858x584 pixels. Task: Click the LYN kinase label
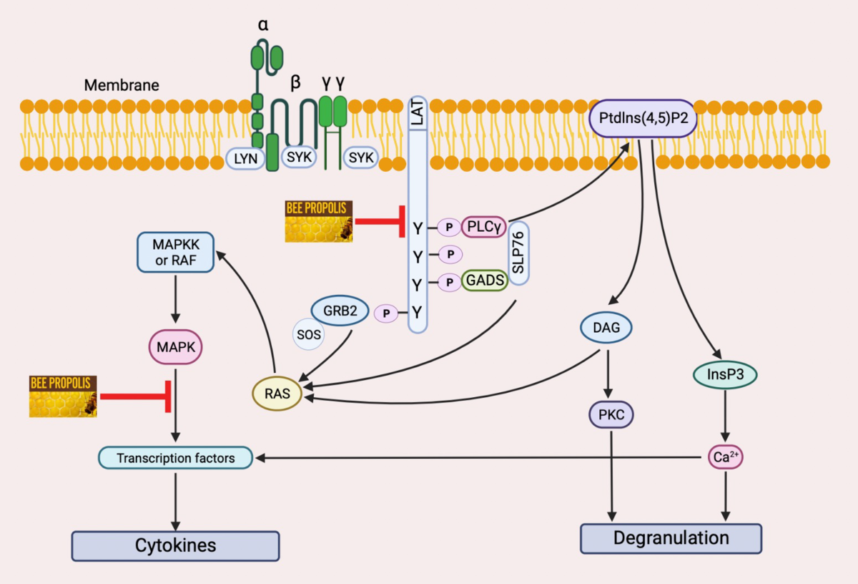coord(245,157)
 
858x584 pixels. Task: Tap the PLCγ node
coord(484,227)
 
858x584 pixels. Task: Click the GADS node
coord(484,281)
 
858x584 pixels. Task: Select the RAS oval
coord(277,394)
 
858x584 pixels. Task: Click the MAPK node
coord(176,349)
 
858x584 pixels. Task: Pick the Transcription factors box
coord(176,458)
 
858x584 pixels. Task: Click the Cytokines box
coord(176,546)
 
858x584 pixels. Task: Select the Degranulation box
coord(671,538)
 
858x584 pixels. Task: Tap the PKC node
coord(611,414)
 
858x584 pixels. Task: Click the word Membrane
coord(122,85)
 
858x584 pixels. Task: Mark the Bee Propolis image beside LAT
coord(318,221)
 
